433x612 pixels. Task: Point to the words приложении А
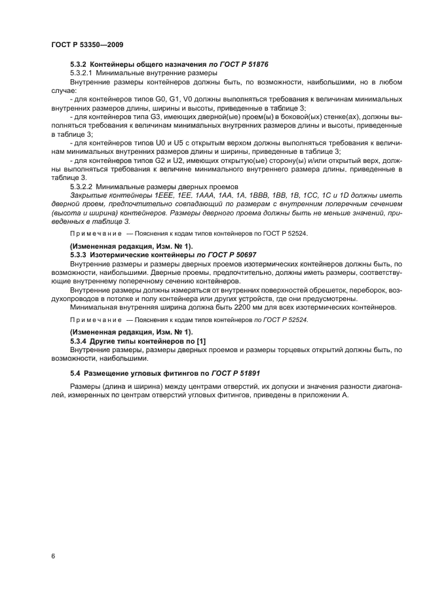coord(326,396)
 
